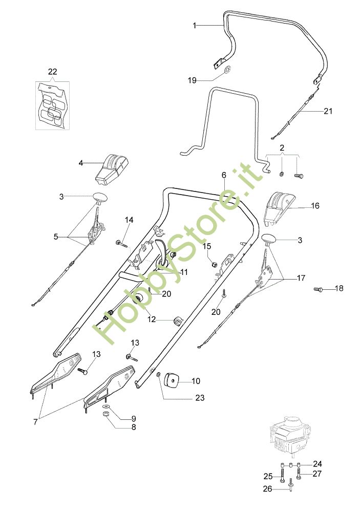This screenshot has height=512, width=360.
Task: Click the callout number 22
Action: click(52, 72)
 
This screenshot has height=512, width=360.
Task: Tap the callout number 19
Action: click(192, 80)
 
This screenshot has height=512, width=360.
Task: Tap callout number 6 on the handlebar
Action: click(224, 175)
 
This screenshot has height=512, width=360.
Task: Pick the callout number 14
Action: click(129, 220)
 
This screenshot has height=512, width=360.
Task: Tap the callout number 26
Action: click(268, 488)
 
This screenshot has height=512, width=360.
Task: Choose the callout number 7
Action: click(35, 421)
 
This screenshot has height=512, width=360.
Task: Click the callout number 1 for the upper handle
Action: click(194, 25)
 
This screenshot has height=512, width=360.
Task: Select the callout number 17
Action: click(301, 278)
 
